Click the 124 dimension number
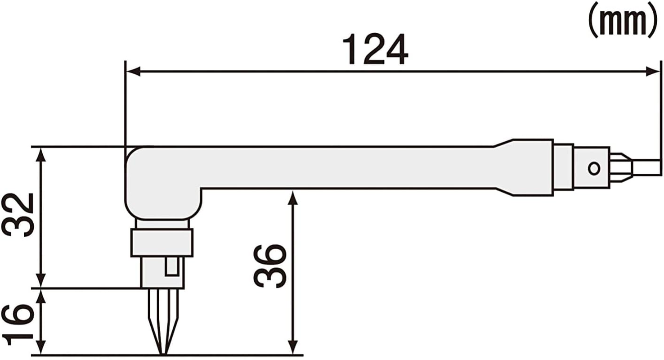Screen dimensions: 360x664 (x=375, y=49)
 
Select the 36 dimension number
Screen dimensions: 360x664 (x=270, y=266)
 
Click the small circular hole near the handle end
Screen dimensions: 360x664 (x=594, y=168)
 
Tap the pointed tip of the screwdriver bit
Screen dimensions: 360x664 (x=163, y=353)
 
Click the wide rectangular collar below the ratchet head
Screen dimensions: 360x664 (x=162, y=243)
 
